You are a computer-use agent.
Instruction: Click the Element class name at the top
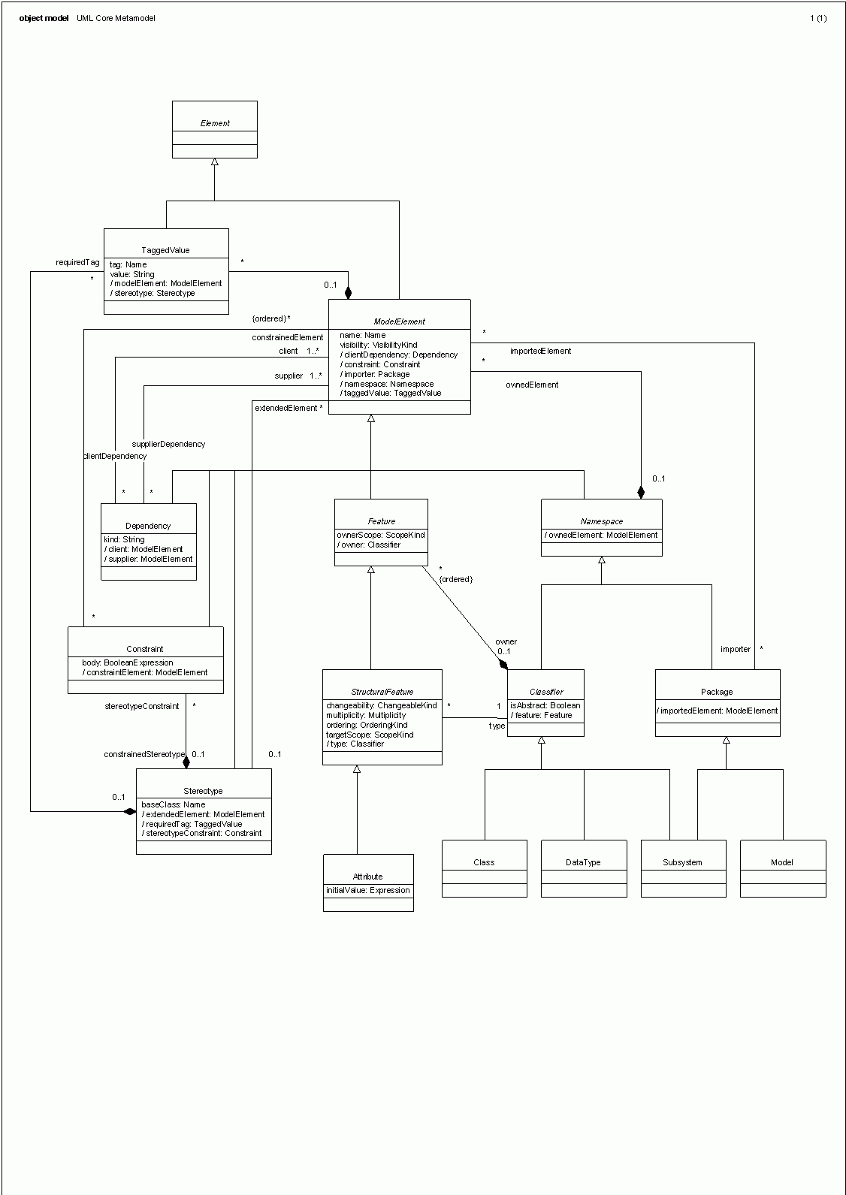[x=215, y=123]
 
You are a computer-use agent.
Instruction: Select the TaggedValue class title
[x=165, y=250]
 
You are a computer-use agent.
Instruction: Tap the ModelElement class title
[x=399, y=321]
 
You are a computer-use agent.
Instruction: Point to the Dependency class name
[x=148, y=526]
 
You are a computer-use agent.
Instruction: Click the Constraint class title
[x=145, y=649]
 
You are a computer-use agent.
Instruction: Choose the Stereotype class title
[x=203, y=791]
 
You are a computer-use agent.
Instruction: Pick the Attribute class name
[x=367, y=877]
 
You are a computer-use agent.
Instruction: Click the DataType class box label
[x=583, y=862]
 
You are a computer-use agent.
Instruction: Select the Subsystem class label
[x=682, y=862]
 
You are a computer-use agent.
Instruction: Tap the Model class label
[x=782, y=862]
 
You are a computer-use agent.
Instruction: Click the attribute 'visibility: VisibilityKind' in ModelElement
[x=379, y=346]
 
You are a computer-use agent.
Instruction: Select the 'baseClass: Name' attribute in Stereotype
[x=174, y=804]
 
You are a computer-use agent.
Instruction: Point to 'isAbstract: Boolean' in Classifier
[x=545, y=706]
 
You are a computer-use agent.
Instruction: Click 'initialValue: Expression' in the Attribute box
[x=367, y=891]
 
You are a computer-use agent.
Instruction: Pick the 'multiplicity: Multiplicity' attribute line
[x=366, y=716]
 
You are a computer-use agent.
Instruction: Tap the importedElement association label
[x=540, y=351]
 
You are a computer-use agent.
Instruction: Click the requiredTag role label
[x=77, y=263]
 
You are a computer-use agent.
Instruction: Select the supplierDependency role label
[x=174, y=444]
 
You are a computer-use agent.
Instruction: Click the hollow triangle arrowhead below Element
[x=215, y=162]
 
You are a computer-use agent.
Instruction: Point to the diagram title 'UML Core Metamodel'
[x=116, y=18]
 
